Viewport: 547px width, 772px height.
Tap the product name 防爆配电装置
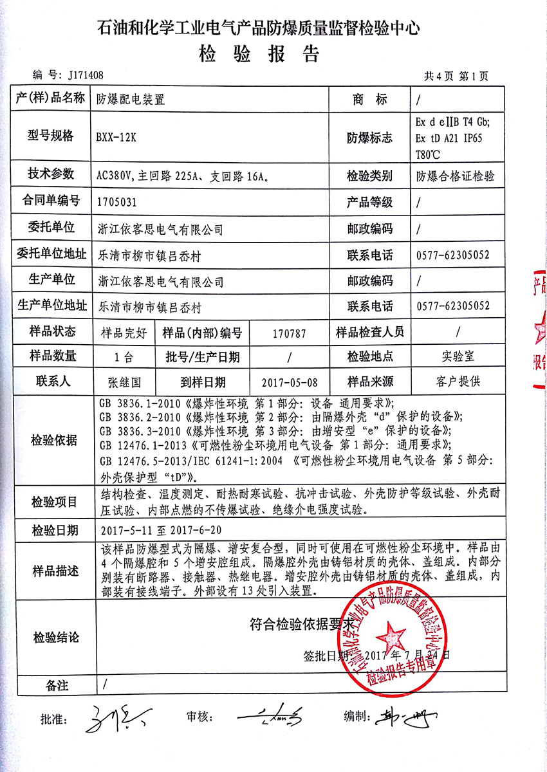(x=131, y=100)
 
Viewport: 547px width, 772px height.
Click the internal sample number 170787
(x=289, y=333)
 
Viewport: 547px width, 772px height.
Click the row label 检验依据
(x=53, y=441)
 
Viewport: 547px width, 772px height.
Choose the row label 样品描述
(x=53, y=571)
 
